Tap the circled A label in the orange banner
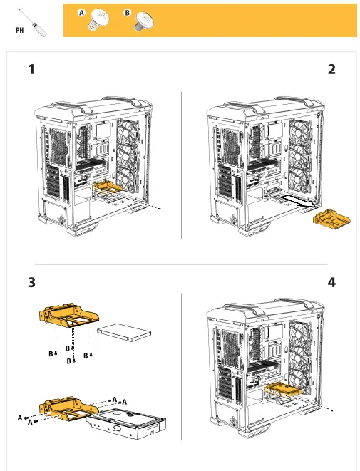[x=82, y=13]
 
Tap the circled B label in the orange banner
[x=128, y=13]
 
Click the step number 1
[x=31, y=70]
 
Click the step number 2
[x=331, y=70]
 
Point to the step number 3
[x=31, y=283]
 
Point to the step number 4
[x=331, y=283]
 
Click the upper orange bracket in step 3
[x=68, y=319]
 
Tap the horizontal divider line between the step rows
[x=180, y=264]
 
